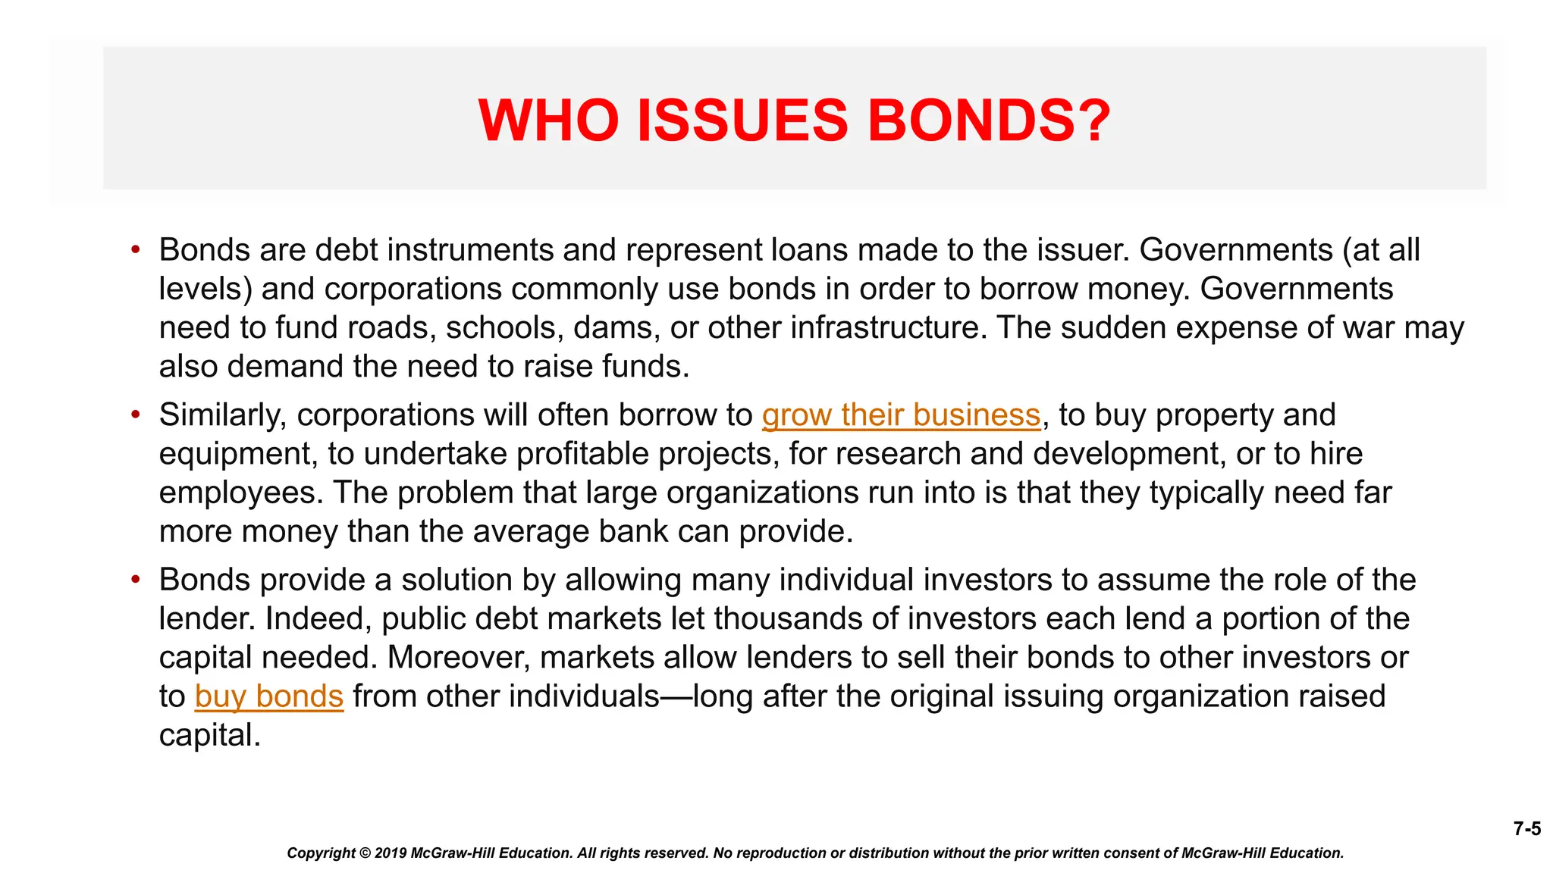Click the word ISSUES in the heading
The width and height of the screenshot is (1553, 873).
(742, 120)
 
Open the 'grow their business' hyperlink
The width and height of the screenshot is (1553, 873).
(901, 415)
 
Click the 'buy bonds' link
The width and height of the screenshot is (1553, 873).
(269, 696)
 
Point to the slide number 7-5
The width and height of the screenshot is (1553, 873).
(1527, 828)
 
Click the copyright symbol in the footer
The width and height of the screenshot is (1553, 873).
(364, 853)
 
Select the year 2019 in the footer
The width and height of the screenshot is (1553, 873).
(391, 853)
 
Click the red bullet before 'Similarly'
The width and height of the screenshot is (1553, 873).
(136, 415)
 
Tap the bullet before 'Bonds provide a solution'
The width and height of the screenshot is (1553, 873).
(136, 580)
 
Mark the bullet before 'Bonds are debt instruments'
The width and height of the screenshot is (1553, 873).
(136, 249)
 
